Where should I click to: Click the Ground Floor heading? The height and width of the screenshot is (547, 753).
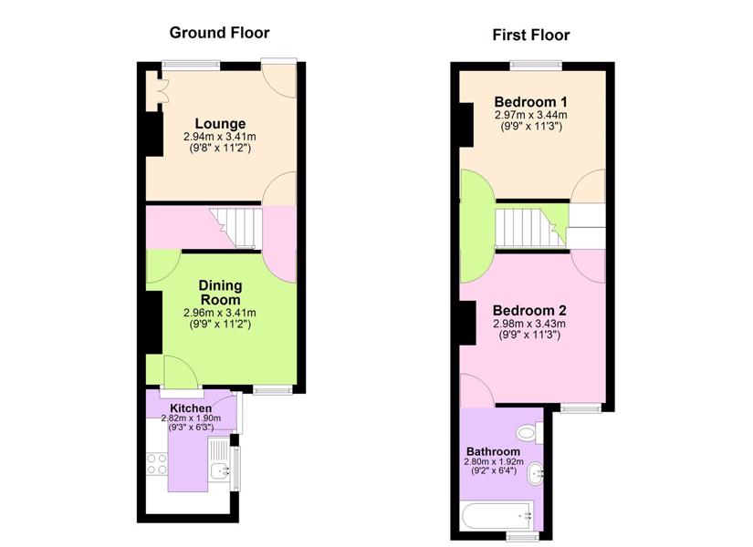point(219,33)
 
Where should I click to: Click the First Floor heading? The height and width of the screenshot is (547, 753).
point(531,35)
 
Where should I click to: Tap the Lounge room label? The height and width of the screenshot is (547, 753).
point(220,123)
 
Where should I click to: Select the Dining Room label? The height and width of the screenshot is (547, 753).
point(220,293)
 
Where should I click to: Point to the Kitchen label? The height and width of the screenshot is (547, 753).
point(191,408)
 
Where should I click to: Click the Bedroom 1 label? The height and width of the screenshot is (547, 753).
point(530,102)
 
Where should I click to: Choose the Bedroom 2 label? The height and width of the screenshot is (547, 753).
point(529,310)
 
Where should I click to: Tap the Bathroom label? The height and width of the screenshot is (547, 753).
point(493,451)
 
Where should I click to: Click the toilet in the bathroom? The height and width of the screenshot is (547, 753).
point(529,432)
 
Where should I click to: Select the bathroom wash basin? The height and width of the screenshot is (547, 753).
point(536,473)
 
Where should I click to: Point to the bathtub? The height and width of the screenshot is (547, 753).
point(497,516)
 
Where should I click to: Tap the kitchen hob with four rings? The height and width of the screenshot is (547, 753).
point(157,463)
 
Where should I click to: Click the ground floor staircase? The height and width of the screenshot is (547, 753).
point(236,228)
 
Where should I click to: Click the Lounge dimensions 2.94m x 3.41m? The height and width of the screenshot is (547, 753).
point(220,137)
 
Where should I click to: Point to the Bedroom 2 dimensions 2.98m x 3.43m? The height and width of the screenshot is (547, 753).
point(529,324)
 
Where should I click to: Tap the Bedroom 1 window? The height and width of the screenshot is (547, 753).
point(536,66)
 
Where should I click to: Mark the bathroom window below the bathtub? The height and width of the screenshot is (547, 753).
point(524,535)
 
